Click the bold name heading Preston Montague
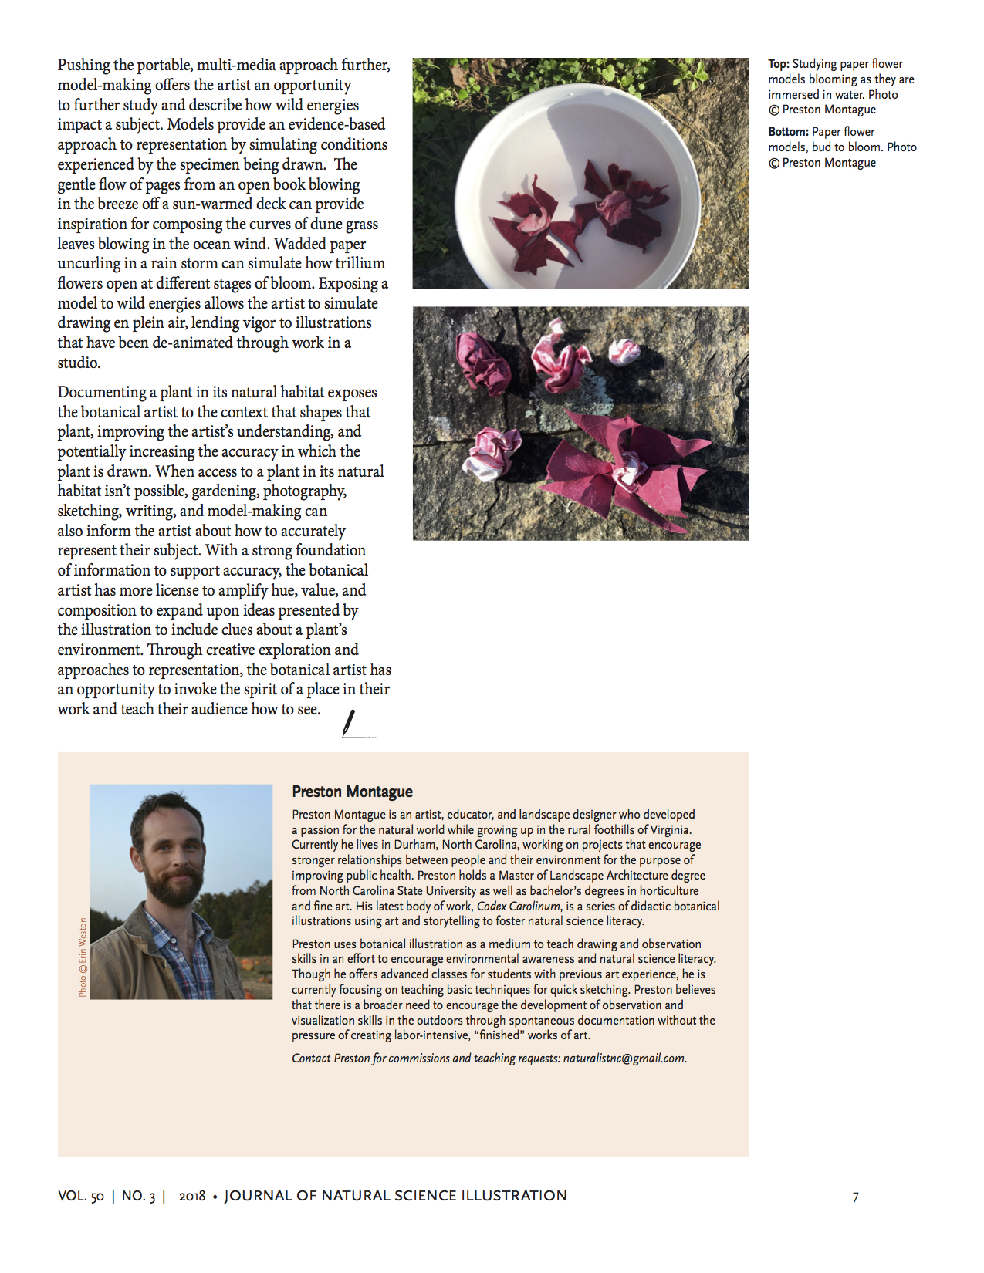coord(352,792)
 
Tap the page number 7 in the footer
coord(855,1197)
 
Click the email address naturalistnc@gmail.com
coord(624,1059)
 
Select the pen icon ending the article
coord(350,724)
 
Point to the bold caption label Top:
coord(778,64)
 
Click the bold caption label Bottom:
coord(788,132)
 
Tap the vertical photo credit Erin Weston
coord(83,957)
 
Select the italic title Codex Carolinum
coord(519,907)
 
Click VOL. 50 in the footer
coord(80,1196)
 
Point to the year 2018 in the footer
coord(191,1196)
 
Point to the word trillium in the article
coord(360,263)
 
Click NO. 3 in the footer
coord(138,1196)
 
